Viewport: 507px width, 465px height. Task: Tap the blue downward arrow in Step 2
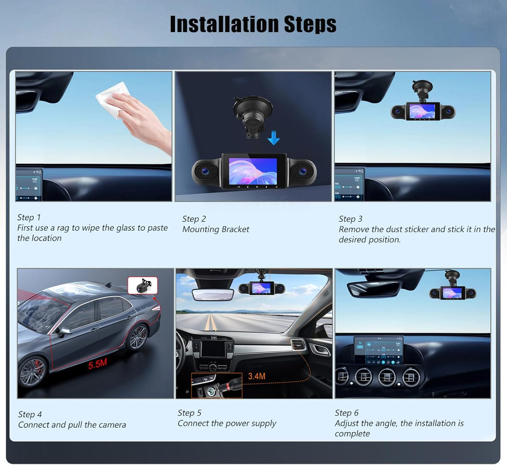point(273,138)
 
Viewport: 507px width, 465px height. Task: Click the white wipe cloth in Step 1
point(113,99)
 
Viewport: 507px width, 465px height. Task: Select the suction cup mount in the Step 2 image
point(253,116)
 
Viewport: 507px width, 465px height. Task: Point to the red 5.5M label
point(98,364)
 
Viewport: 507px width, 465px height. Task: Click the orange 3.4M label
point(256,376)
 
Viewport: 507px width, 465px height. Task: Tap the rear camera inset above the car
point(142,285)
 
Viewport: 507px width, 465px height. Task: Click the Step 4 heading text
point(30,414)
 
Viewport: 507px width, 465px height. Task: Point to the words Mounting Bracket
point(215,229)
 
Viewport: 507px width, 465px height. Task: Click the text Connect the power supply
point(227,423)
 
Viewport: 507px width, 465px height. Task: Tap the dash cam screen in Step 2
point(253,171)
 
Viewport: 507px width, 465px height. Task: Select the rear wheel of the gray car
point(138,337)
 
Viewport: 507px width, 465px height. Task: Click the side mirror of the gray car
point(64,332)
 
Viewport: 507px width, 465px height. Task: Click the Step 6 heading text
point(347,413)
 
